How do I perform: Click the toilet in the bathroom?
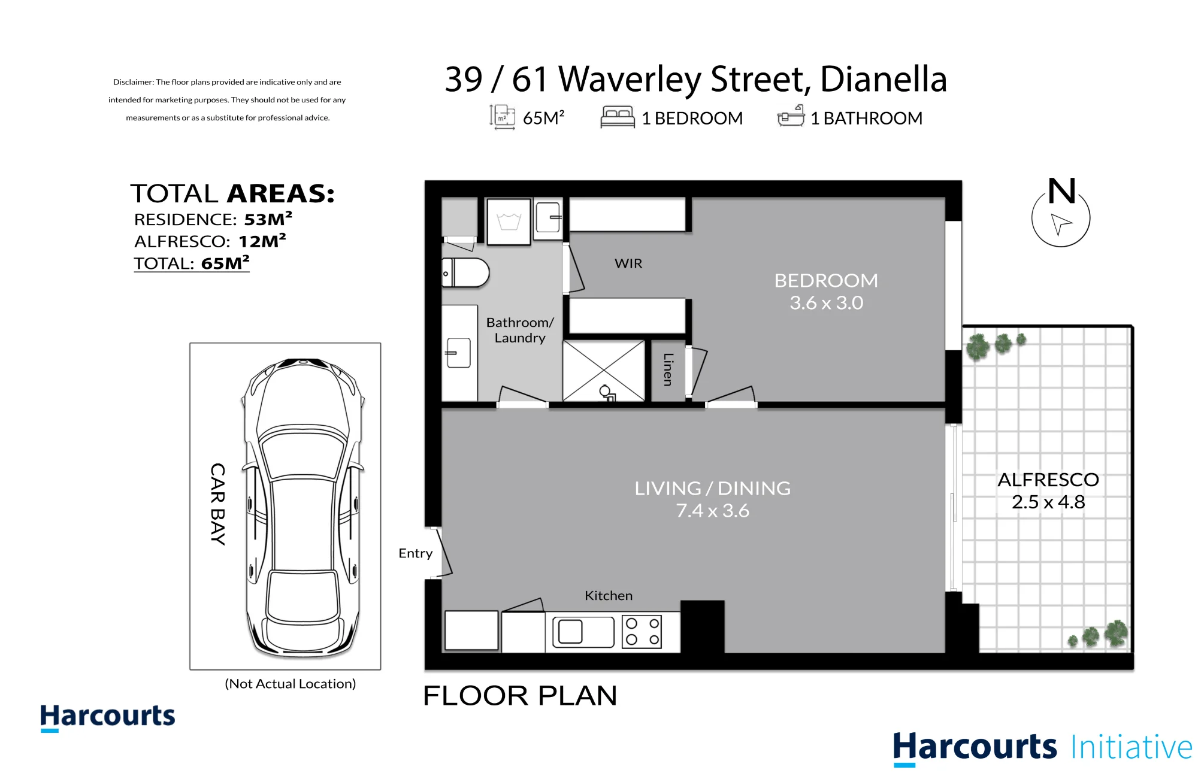[x=465, y=273]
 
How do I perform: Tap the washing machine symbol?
[x=509, y=222]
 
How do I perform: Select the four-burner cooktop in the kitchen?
[x=642, y=632]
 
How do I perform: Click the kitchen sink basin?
[x=570, y=632]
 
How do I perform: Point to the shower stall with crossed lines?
[x=604, y=371]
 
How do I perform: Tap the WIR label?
[x=628, y=263]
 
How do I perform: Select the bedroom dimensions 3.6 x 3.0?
[x=826, y=303]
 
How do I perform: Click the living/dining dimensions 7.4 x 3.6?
[x=712, y=511]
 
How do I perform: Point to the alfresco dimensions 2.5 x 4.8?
[x=1048, y=502]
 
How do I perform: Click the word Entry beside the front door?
[x=415, y=553]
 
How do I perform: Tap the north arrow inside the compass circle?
[x=1061, y=224]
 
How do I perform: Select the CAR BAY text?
[x=217, y=504]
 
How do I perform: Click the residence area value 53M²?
[x=268, y=219]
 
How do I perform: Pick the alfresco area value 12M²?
[x=262, y=241]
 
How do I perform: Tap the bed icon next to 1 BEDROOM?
[x=618, y=117]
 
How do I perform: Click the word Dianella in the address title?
[x=884, y=79]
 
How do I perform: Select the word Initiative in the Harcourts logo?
[x=1132, y=747]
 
